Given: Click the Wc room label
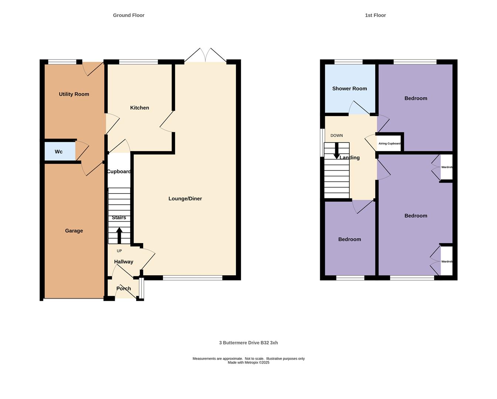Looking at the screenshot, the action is click(x=58, y=151).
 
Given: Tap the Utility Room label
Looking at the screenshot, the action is click(x=74, y=94).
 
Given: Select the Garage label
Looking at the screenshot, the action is click(x=74, y=231).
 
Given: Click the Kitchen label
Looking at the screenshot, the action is click(x=140, y=108).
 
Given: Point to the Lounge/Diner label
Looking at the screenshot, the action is click(x=185, y=199).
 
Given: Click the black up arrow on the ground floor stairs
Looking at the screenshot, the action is click(x=119, y=235).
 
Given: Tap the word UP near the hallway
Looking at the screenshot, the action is click(x=119, y=251).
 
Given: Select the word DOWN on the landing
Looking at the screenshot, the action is click(x=336, y=135).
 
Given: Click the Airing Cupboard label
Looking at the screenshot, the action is click(x=389, y=143).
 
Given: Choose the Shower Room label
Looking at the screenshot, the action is click(x=349, y=89).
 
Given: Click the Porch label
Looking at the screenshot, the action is click(x=124, y=289).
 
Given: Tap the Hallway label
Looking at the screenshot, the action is click(x=124, y=262).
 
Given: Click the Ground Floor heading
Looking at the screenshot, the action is click(x=129, y=15).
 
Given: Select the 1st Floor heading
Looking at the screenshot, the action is click(x=375, y=15).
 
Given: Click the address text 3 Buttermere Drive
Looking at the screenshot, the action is click(x=239, y=343).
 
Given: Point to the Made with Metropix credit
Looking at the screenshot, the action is click(x=249, y=362).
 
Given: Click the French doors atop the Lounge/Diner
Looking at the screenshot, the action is click(x=205, y=55).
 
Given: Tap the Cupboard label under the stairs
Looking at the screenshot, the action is click(x=119, y=171).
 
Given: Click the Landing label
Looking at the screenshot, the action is click(x=349, y=158).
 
